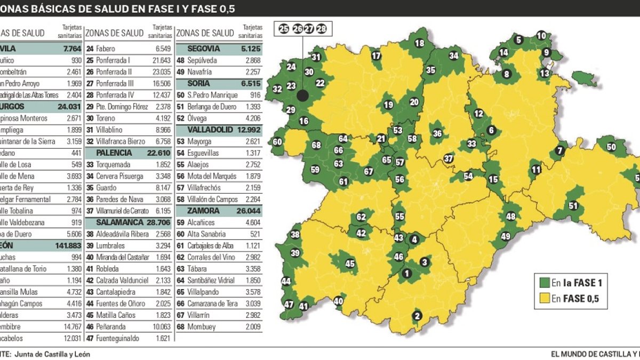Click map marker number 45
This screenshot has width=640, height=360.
[x=350, y=263]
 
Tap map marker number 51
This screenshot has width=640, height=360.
[x=573, y=206]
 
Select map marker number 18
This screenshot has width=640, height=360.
[x=420, y=44]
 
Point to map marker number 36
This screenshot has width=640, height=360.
[x=437, y=133]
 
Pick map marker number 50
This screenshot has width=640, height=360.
[x=611, y=147]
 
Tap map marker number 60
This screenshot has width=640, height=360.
[x=277, y=142]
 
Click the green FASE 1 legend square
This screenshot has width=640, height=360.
[x=545, y=283]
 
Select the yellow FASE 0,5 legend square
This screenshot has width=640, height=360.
[x=545, y=299]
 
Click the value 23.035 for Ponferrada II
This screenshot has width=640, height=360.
[x=160, y=72]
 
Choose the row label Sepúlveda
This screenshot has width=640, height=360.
[x=203, y=61]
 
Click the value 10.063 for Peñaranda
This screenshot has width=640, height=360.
[x=160, y=326]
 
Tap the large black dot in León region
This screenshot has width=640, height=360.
[x=302, y=97]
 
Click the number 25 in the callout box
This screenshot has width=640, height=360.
[x=284, y=29]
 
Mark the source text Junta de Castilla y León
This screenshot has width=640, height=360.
[x=52, y=354]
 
